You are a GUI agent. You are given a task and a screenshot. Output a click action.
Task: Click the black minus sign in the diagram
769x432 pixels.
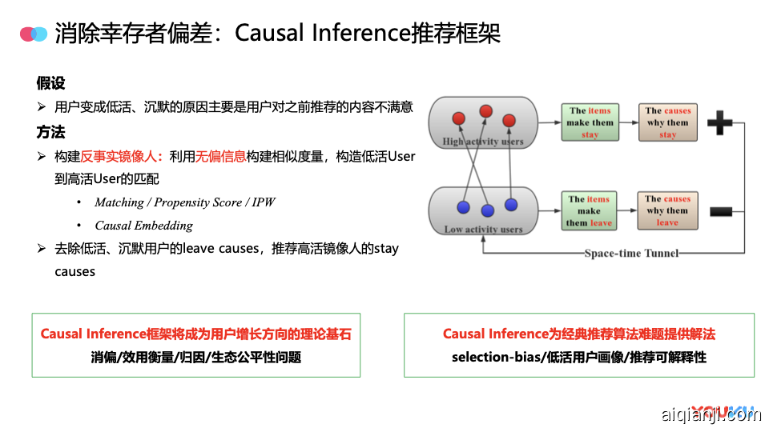click(721, 211)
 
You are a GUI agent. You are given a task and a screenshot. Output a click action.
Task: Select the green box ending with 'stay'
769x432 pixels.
click(590, 122)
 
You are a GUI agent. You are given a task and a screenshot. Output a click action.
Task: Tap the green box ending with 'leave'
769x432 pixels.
click(590, 211)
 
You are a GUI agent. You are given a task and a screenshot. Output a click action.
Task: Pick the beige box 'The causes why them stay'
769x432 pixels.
click(667, 122)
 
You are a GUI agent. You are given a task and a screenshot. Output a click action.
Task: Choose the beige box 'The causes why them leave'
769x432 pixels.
click(667, 211)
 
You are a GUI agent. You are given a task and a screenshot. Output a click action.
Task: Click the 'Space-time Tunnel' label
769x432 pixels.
click(631, 254)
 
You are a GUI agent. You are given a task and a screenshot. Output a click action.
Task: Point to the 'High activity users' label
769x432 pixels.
click(482, 142)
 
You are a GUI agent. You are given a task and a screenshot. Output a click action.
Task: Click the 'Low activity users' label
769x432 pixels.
click(483, 230)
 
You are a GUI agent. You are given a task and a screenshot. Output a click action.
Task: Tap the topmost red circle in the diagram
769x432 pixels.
click(485, 111)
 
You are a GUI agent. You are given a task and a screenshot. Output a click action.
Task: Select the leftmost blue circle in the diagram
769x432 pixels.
click(462, 207)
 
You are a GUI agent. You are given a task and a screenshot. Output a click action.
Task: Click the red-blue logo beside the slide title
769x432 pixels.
click(34, 34)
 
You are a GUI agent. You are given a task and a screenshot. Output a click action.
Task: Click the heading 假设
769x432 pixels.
click(50, 82)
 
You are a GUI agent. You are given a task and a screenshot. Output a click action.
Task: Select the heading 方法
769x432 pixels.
click(50, 132)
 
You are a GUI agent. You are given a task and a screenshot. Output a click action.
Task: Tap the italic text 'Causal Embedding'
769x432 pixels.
click(143, 226)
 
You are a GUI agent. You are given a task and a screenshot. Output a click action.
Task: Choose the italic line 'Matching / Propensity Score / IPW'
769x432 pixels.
click(184, 202)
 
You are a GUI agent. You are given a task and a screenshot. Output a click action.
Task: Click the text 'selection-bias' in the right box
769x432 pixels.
click(490, 357)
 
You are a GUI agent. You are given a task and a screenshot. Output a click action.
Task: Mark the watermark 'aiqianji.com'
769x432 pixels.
click(711, 414)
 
